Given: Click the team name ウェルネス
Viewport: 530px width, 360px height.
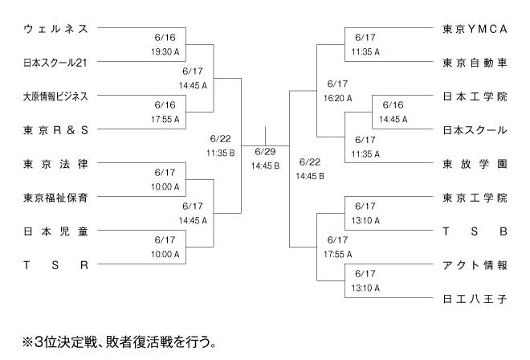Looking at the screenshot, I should click(55, 28).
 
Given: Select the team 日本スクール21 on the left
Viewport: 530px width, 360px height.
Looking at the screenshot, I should click(55, 62).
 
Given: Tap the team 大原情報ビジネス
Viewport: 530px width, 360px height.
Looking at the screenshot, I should click(55, 96).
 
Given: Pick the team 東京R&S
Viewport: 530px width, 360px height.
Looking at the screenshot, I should click(55, 129).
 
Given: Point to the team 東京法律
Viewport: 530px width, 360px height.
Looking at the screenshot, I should click(55, 163).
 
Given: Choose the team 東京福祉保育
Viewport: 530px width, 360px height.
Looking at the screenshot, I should click(55, 197).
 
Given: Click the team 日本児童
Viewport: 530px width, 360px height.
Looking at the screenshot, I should click(55, 231).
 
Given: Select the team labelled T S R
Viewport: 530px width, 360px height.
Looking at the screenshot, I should click(55, 264).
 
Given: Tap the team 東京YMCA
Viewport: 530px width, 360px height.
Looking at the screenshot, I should click(475, 29).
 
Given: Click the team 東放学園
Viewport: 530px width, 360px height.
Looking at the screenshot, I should click(475, 164).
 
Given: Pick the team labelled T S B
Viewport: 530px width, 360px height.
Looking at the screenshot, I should click(475, 231).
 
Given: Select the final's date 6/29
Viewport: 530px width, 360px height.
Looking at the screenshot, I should click(264, 152).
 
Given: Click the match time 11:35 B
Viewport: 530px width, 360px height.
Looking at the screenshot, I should click(220, 152).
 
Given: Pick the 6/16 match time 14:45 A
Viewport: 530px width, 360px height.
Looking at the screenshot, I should click(393, 119).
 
